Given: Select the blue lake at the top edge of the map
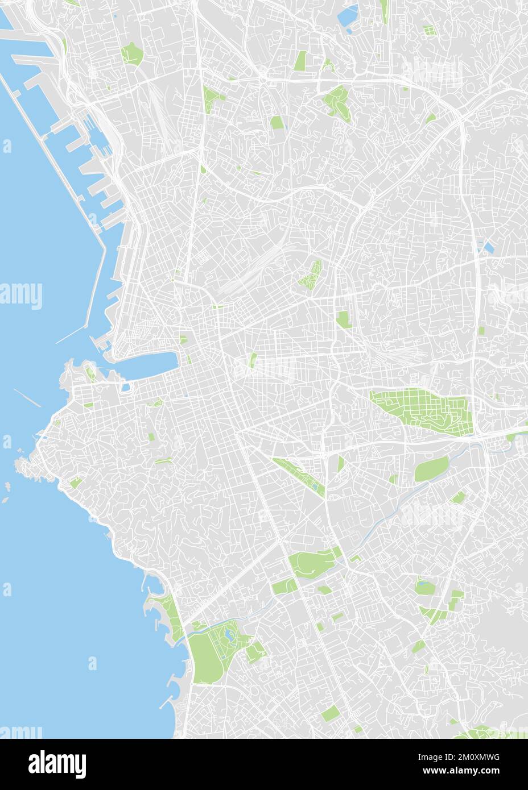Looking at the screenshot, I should click(x=347, y=16).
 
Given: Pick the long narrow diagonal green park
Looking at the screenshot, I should click(x=299, y=475).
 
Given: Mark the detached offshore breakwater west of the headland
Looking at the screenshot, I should click(x=27, y=397).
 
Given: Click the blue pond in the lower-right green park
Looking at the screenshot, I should click(x=423, y=583).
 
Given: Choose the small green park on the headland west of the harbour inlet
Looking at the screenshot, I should click(x=90, y=373).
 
